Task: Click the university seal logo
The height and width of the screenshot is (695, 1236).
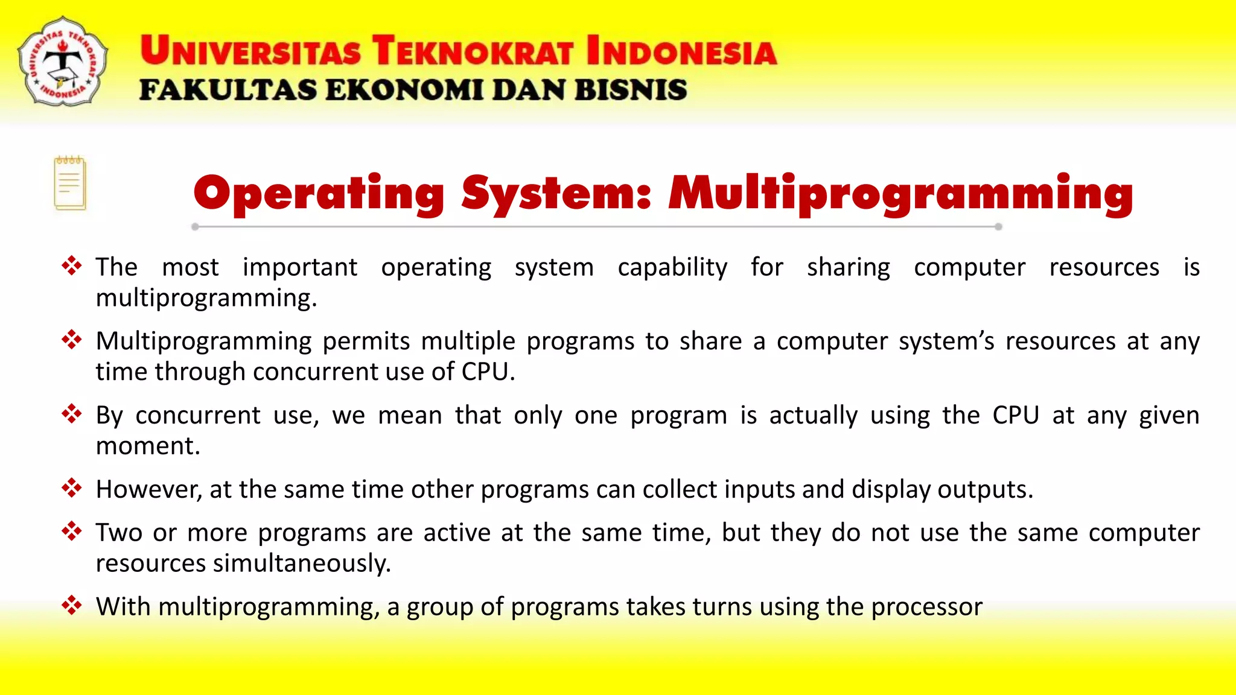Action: point(63,62)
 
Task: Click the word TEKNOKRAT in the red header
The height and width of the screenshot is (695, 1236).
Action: point(472,51)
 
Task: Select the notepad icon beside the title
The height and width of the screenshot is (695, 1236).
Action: point(70,183)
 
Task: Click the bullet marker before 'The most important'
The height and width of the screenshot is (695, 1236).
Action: point(72,266)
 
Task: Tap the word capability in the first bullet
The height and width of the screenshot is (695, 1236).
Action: point(672,267)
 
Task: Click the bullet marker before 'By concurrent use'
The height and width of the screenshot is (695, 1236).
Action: point(72,414)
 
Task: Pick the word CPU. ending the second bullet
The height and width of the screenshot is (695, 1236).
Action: point(488,372)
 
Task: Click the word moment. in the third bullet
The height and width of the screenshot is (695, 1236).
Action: point(148,446)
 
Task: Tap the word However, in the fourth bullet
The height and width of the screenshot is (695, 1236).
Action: point(148,489)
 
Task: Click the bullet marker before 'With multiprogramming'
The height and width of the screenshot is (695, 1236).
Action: point(72,605)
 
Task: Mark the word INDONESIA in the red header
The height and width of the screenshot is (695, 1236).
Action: point(681,51)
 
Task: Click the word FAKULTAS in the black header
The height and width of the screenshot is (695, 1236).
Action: point(228,90)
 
